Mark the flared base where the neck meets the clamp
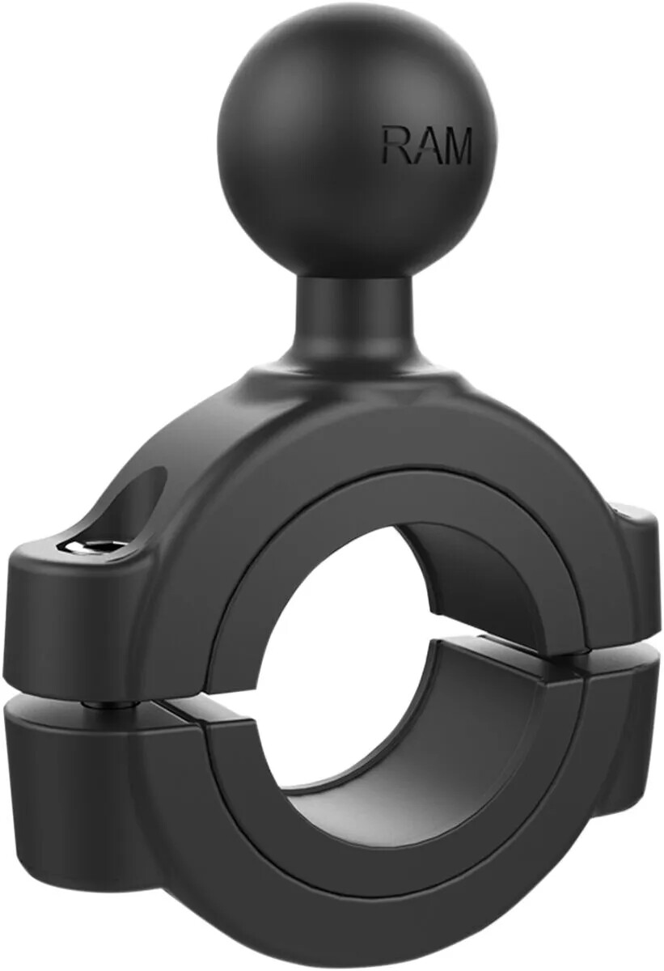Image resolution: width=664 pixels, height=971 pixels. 356,380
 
